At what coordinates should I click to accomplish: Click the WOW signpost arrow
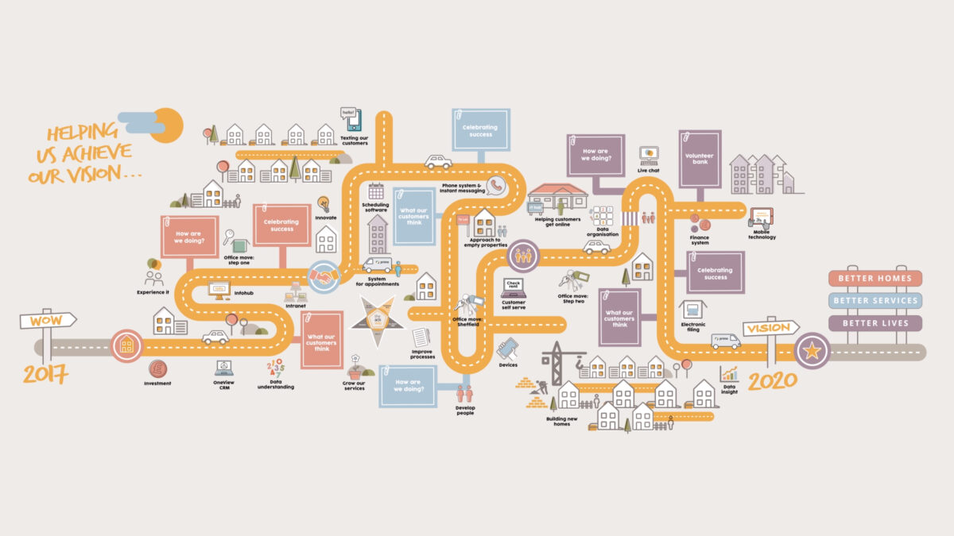[x=48, y=321]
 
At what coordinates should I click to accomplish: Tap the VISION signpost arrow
[x=770, y=328]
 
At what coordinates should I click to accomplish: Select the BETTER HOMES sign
[x=874, y=279]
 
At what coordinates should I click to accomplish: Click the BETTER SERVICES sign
[x=874, y=301]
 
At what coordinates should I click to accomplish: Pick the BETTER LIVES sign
[x=874, y=323]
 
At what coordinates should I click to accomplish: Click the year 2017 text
[x=45, y=372]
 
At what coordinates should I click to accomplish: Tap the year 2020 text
[x=772, y=381]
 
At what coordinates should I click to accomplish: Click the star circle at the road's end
[x=812, y=351]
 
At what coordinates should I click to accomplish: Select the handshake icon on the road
[x=324, y=276]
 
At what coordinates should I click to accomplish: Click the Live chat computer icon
[x=649, y=154]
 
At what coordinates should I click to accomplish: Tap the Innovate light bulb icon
[x=324, y=203]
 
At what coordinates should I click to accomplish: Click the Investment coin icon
[x=157, y=369]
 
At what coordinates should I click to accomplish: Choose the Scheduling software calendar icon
[x=376, y=191]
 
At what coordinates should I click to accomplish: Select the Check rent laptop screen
[x=514, y=287]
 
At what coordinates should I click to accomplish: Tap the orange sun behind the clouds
[x=169, y=125]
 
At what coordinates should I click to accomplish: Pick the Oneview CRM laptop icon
[x=224, y=368]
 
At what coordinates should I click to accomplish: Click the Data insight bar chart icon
[x=729, y=373]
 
